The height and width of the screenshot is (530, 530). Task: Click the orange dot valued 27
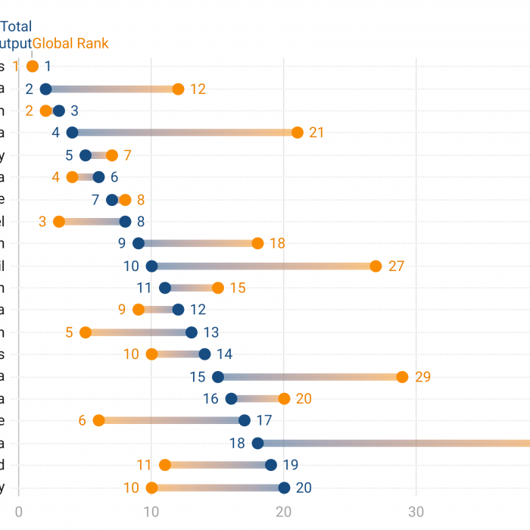click(376, 266)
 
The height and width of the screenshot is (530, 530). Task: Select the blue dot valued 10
click(151, 266)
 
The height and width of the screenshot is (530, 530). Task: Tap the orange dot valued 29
click(402, 377)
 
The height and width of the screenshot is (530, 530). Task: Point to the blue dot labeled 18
click(257, 444)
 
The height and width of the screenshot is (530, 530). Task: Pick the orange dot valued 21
click(298, 132)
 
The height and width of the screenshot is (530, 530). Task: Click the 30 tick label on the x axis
click(416, 511)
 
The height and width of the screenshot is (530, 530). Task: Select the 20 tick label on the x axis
click(284, 511)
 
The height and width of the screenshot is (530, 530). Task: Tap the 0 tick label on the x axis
click(19, 511)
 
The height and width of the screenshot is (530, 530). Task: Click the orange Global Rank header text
click(70, 44)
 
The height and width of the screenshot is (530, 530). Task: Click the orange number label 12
click(198, 89)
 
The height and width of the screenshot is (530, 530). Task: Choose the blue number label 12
click(198, 310)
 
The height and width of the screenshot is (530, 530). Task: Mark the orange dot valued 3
click(59, 222)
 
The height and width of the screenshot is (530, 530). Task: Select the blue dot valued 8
click(125, 222)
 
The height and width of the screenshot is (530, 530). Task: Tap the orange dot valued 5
click(86, 332)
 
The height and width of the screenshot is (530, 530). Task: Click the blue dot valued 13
click(192, 332)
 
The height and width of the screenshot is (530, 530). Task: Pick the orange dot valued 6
click(98, 421)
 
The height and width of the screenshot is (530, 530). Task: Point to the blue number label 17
click(264, 421)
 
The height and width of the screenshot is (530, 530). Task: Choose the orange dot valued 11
click(165, 465)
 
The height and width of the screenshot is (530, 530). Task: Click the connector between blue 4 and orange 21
click(185, 132)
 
